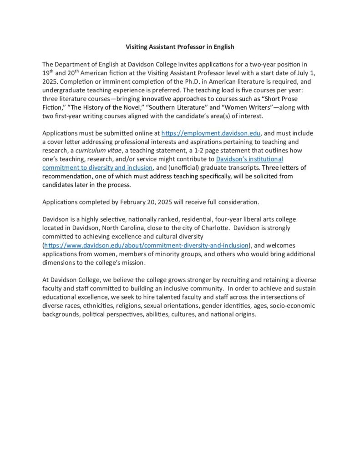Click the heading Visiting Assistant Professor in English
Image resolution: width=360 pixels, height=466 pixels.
tap(180, 47)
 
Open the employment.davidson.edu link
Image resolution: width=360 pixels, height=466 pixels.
tap(212, 134)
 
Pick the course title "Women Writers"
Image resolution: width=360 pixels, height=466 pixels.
tap(237, 107)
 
